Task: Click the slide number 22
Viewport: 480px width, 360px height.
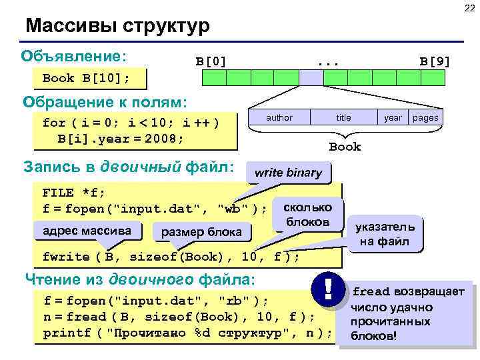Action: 469,8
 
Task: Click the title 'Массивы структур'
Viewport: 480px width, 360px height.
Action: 117,26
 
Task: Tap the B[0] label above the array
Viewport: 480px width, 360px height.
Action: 211,61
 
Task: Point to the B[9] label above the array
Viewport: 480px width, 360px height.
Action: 435,61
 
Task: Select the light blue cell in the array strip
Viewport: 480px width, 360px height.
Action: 311,77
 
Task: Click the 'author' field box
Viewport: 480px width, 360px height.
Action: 279,118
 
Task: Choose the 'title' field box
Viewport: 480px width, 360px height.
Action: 343,118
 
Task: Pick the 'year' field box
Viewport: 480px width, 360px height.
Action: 393,118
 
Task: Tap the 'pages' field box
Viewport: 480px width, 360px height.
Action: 425,118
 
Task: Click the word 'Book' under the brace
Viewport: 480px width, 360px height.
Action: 345,147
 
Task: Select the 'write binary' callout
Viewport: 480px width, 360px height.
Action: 288,173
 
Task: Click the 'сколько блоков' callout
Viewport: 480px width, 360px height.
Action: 308,213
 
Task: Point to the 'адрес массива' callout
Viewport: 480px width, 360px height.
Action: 87,231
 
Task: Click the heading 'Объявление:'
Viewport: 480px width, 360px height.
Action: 75,55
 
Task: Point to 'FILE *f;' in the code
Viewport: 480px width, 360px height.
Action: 73,193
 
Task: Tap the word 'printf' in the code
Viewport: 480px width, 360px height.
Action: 65,333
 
